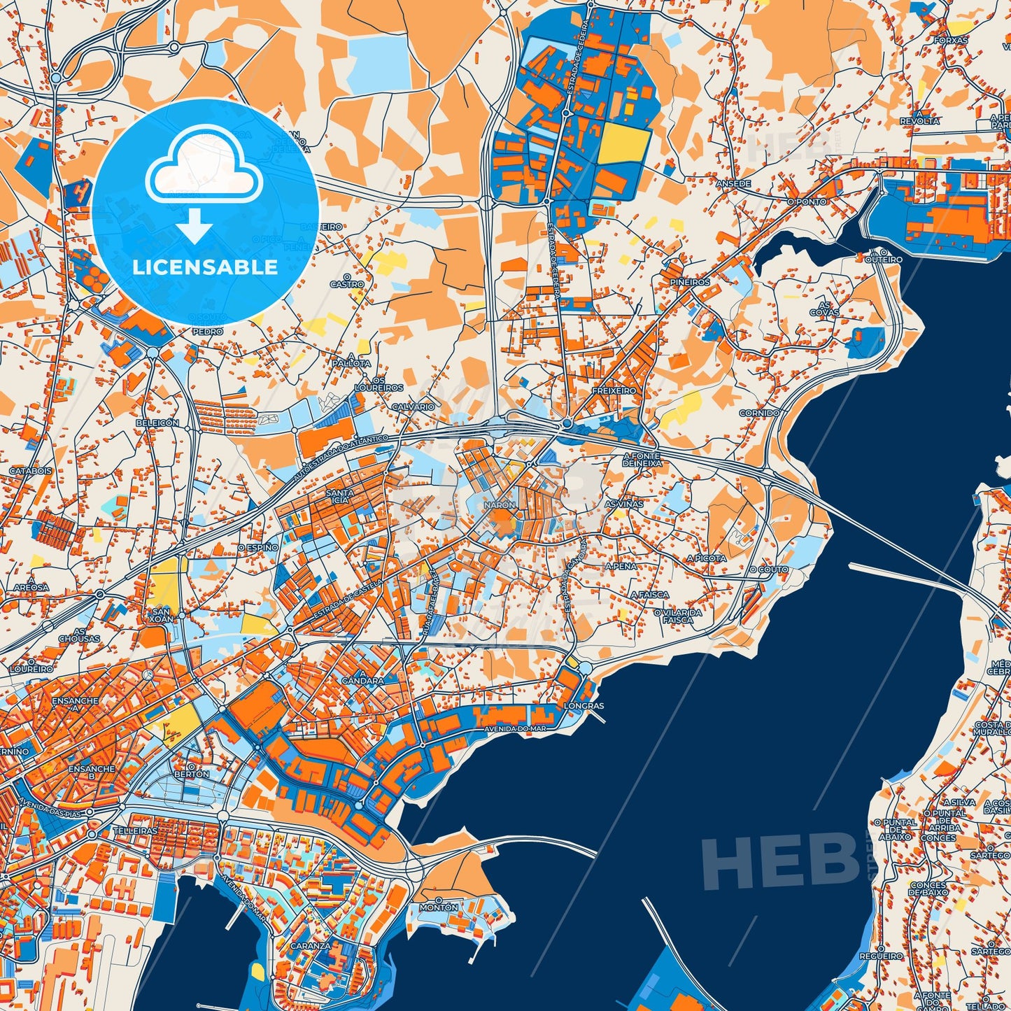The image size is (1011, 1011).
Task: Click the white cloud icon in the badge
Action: coord(204,171)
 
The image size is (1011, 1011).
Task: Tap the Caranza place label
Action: coord(312,945)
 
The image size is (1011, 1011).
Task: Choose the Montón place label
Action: coord(439,907)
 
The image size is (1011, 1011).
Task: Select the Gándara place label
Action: coord(362,680)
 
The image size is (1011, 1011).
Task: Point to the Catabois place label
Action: coord(30,471)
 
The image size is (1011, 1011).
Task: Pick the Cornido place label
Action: coord(759,413)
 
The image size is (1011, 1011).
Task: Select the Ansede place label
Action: coord(733,183)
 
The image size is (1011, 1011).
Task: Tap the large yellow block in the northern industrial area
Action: coord(624,143)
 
